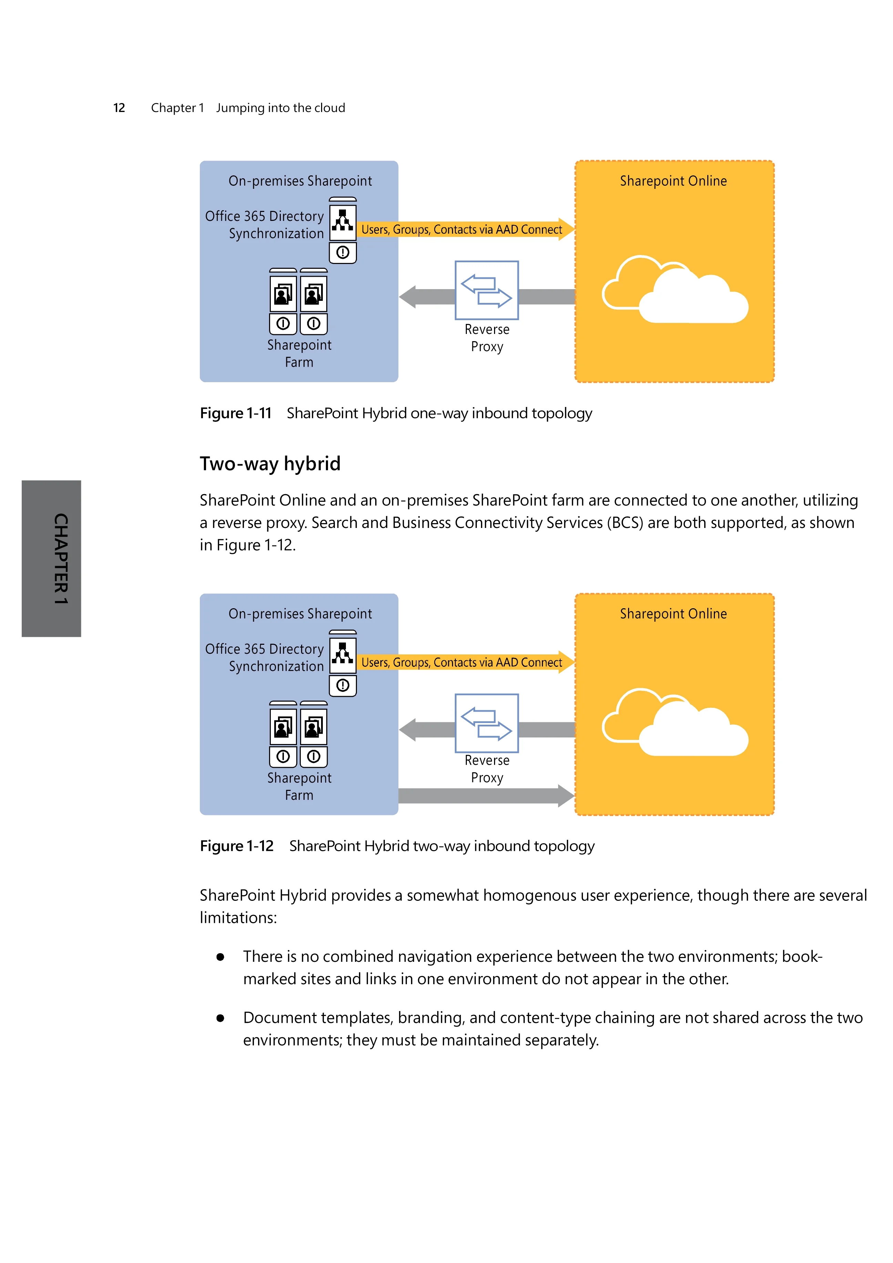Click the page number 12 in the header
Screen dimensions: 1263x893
click(x=119, y=108)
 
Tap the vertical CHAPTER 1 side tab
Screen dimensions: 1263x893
click(x=52, y=558)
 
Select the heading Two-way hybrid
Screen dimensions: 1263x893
click(x=270, y=464)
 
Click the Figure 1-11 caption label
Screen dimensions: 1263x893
click(x=236, y=413)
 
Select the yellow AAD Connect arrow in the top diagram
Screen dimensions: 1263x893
click(x=465, y=230)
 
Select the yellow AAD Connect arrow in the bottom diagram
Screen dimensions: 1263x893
click(x=465, y=662)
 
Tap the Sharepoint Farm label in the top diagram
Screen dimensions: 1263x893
click(x=299, y=354)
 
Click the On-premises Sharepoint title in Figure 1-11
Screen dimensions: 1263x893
click(x=300, y=181)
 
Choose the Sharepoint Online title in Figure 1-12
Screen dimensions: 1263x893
click(x=674, y=614)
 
